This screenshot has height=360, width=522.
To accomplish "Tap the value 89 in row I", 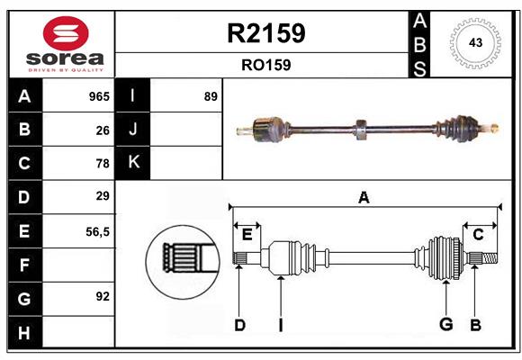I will tap(211, 96).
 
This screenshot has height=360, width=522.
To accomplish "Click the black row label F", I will tap(24, 265).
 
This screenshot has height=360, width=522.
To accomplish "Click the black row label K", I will tap(133, 163).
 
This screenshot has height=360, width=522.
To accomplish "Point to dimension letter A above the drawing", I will tap(364, 197).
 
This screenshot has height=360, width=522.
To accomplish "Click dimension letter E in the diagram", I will tap(247, 235).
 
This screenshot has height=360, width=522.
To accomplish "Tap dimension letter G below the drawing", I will tap(445, 324).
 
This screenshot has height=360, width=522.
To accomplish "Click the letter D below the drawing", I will tap(239, 325).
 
